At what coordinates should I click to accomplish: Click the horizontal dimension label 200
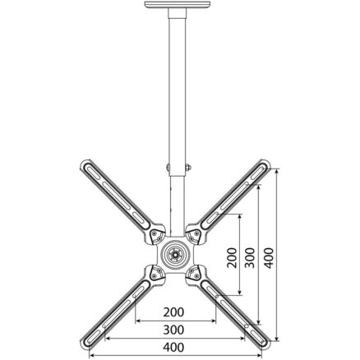point(173,312)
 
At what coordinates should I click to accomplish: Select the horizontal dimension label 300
point(173,330)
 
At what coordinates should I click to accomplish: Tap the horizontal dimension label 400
point(173,348)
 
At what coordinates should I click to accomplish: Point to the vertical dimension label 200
point(232,257)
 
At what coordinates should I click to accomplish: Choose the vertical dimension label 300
point(250,257)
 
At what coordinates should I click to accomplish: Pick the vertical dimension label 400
point(269,257)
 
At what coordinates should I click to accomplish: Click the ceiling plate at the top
point(178,5)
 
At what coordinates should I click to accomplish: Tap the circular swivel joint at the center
point(174,253)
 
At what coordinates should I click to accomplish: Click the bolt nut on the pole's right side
point(188,167)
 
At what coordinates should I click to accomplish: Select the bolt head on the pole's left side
point(168,168)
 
